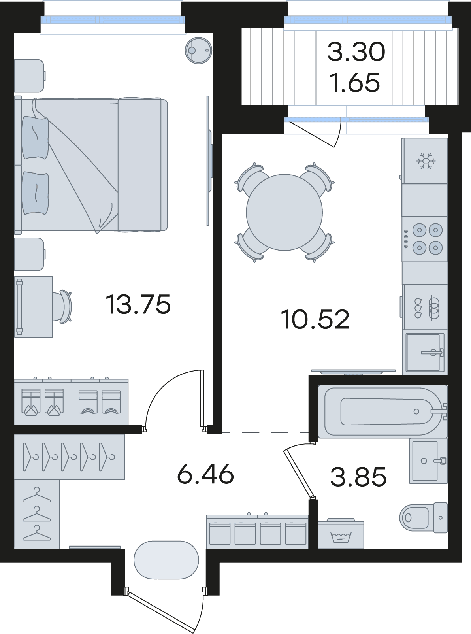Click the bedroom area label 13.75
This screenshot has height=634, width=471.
click(x=138, y=304)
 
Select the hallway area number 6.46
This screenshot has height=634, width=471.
click(x=205, y=474)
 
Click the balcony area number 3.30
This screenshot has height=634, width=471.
click(x=356, y=52)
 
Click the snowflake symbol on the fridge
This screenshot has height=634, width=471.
click(x=426, y=160)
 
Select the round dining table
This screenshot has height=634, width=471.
click(x=284, y=212)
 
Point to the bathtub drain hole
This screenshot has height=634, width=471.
click(x=416, y=411)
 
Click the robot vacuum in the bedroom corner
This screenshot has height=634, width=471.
click(x=199, y=50)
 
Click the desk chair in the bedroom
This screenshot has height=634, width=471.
click(x=64, y=307)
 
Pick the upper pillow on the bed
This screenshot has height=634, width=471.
click(x=35, y=138)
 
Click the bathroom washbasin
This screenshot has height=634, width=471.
click(x=428, y=461)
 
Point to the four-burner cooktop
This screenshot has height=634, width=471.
click(x=425, y=239)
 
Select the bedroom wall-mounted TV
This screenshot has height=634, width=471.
click(x=209, y=161)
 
